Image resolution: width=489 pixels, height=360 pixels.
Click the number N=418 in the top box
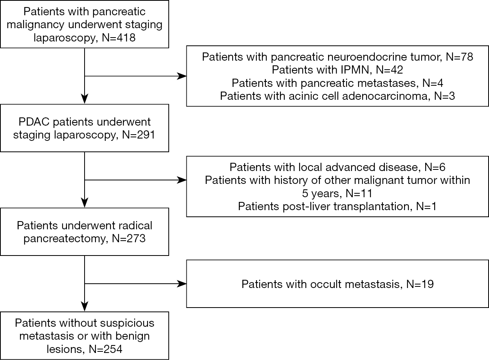119,38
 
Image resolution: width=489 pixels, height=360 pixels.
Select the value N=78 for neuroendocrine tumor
460,57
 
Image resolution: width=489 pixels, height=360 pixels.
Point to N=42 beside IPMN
390,70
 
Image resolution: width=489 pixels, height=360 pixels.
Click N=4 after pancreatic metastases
433,83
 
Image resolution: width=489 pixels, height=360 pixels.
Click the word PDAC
34,122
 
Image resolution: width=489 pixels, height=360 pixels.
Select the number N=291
139,135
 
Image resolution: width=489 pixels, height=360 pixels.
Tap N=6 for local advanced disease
435,167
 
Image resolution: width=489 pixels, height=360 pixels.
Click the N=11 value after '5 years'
359,193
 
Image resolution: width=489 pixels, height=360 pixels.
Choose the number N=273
128,238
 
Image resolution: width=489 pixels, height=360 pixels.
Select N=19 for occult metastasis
420,284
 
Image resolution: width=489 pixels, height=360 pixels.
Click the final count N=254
105,349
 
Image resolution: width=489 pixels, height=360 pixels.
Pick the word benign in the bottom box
132,337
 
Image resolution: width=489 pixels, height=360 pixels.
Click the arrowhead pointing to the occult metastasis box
182,284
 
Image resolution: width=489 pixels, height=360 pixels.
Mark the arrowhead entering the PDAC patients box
85,99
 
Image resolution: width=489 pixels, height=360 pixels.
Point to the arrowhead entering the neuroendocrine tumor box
182,76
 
